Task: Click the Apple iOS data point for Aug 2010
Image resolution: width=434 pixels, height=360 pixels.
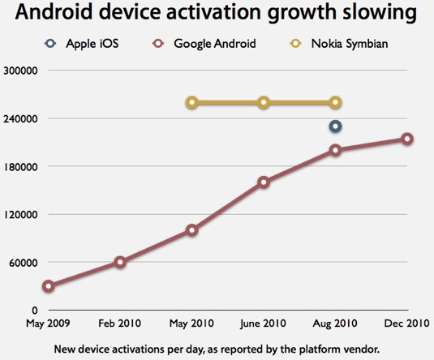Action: point(335,126)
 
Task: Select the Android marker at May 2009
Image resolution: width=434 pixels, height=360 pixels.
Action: point(49,286)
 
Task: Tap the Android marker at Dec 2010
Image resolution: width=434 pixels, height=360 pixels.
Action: point(406,139)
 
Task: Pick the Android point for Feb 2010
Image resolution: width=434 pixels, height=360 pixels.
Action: point(120,262)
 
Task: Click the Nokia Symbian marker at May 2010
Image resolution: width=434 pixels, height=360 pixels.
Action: point(191,102)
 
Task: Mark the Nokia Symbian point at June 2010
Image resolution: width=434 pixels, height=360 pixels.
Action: point(264,102)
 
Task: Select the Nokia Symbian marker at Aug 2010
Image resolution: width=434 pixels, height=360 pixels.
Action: point(335,102)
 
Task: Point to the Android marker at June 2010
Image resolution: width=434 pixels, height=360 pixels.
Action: point(264,182)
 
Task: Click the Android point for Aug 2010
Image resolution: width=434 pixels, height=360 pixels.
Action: point(335,150)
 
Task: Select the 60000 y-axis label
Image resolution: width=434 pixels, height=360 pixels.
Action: point(22,262)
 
